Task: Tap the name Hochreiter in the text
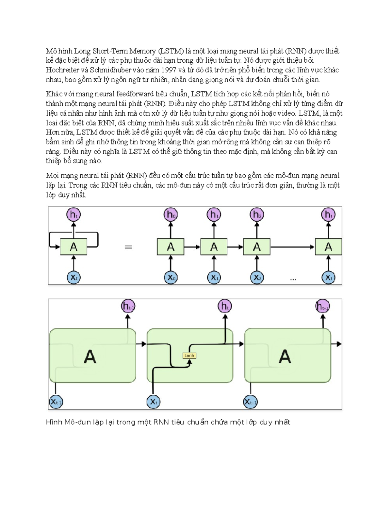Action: click(x=62, y=70)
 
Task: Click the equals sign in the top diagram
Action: click(x=129, y=247)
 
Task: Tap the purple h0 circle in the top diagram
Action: click(x=171, y=214)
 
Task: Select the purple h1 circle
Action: click(x=214, y=214)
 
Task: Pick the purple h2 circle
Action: click(x=257, y=214)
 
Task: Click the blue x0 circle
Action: click(x=171, y=278)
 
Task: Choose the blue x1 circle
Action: click(x=214, y=278)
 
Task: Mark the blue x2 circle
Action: click(x=257, y=278)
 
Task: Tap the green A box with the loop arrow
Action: click(x=73, y=247)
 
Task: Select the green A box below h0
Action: click(x=171, y=247)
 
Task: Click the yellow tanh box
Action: click(x=189, y=356)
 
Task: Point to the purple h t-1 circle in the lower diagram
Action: click(x=128, y=307)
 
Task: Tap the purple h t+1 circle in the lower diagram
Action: click(x=323, y=307)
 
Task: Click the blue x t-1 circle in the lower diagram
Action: click(x=56, y=402)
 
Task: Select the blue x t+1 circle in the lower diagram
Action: click(x=251, y=402)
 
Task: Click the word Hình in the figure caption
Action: click(x=54, y=422)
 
